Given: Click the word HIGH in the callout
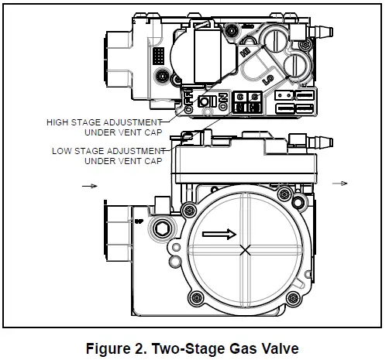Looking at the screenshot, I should (x=62, y=122).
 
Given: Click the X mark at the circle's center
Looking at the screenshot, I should (x=246, y=250).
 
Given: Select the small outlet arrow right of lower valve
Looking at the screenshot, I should (x=339, y=183).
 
